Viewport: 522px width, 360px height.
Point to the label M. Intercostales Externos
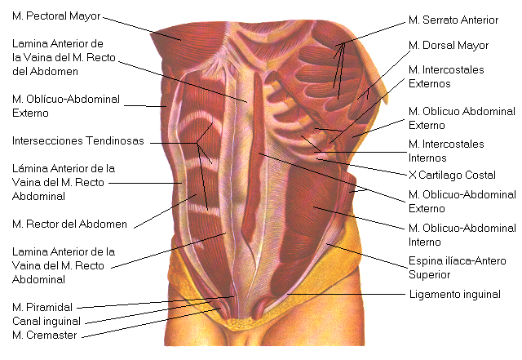click(x=446, y=76)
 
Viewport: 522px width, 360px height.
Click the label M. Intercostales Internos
click(x=446, y=150)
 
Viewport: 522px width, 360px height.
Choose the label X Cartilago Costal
click(x=452, y=174)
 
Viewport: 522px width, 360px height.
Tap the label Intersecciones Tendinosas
click(x=77, y=140)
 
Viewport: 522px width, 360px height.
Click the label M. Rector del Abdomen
click(x=69, y=222)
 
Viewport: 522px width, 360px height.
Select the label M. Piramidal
click(x=42, y=307)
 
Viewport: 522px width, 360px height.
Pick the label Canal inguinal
click(x=47, y=320)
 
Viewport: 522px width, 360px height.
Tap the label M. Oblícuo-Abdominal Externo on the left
click(x=65, y=105)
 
